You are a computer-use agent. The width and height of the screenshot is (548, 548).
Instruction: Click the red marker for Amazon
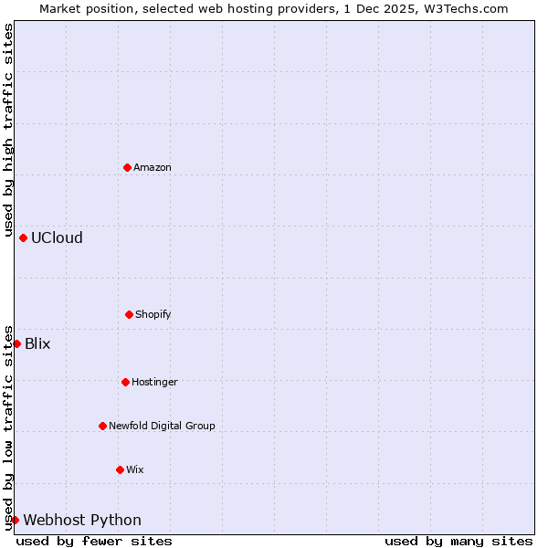127,167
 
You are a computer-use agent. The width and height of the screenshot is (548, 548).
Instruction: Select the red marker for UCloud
23,237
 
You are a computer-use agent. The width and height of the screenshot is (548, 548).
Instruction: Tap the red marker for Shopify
129,314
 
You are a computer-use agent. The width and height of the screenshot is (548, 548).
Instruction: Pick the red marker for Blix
16,343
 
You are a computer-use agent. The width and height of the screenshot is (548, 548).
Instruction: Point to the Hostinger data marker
125,382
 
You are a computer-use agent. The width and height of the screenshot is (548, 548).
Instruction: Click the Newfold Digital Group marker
102,426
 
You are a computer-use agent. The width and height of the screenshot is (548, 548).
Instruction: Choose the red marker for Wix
120,469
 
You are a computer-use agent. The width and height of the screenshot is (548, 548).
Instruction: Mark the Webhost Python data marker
15,520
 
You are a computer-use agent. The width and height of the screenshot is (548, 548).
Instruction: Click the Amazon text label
153,167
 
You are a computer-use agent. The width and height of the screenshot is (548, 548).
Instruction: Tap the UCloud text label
57,237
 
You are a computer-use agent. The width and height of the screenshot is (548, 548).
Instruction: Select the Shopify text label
153,314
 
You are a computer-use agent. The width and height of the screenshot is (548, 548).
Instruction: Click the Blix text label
37,343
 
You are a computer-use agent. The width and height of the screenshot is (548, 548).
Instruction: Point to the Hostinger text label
154,382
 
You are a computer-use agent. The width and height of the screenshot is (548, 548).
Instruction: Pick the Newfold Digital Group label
162,426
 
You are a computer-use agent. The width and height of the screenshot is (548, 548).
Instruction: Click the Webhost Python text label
82,520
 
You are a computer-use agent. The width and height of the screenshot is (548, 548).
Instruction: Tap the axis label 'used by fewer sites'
94,541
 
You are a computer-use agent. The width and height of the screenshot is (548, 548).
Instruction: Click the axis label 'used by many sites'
458,541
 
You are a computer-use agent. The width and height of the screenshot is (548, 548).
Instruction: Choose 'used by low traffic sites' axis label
8,427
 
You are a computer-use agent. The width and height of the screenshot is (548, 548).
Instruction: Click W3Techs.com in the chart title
463,8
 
